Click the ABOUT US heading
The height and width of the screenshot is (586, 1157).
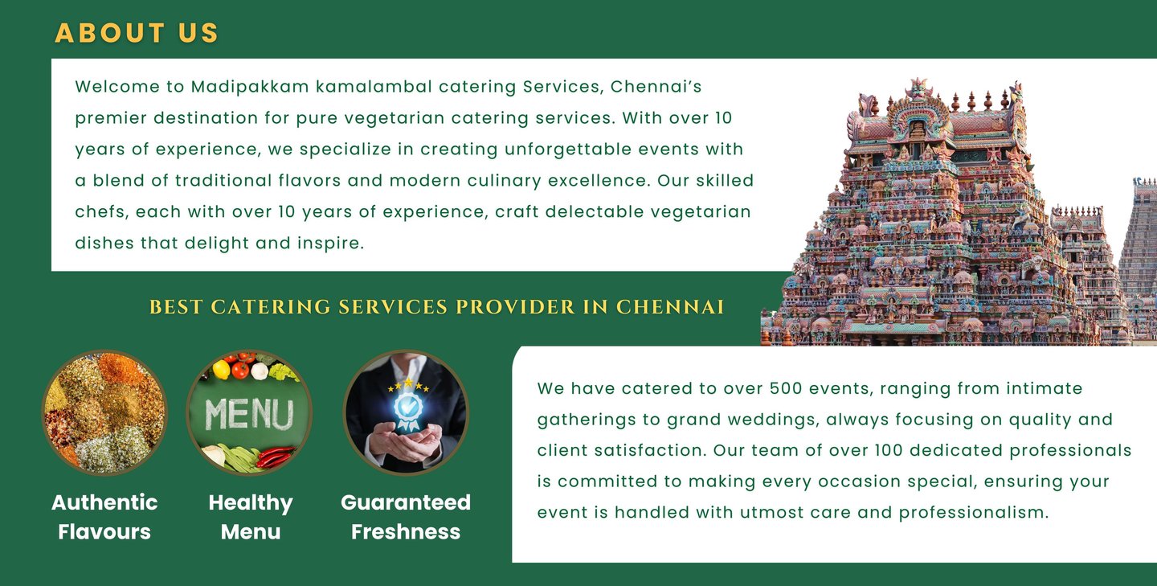[137, 33]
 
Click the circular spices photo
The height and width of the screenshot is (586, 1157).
[104, 412]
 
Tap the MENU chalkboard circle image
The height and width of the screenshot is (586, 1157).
[249, 412]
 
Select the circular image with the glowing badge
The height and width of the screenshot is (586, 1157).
[406, 412]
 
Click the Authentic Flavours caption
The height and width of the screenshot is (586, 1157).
[104, 517]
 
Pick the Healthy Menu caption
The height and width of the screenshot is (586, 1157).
[251, 517]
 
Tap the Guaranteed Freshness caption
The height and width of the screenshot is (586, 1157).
[406, 517]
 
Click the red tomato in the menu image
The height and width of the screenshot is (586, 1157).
[239, 370]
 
